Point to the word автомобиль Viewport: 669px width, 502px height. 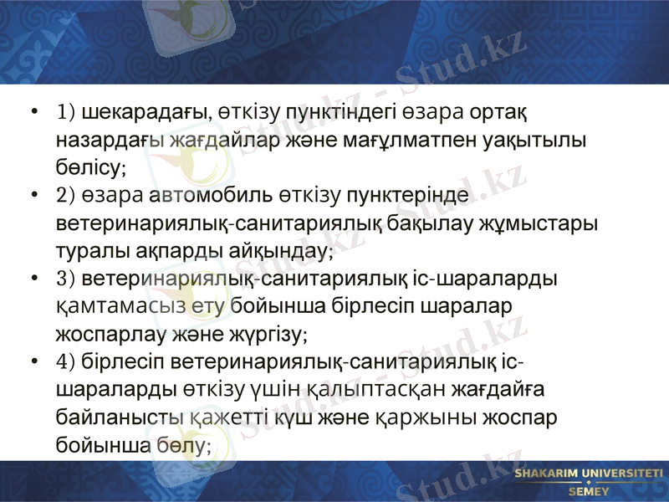pos(220,196)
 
